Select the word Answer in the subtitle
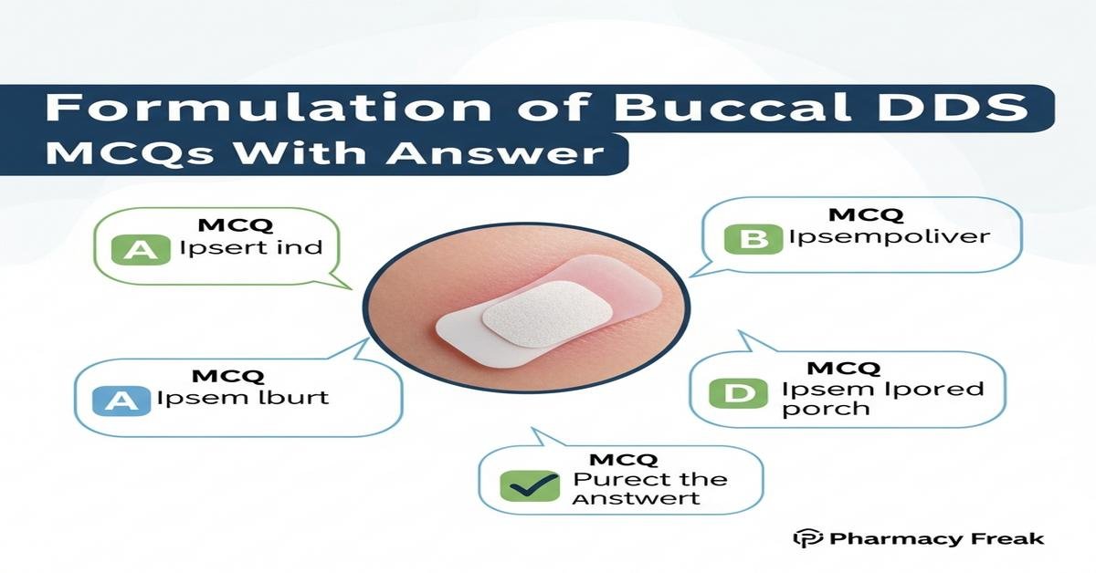(496, 151)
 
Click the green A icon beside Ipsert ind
(140, 250)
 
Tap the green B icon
(753, 240)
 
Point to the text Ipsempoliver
(890, 238)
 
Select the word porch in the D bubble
(826, 409)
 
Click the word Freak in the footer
(1008, 539)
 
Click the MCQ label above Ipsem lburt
(227, 376)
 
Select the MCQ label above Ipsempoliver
(865, 216)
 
